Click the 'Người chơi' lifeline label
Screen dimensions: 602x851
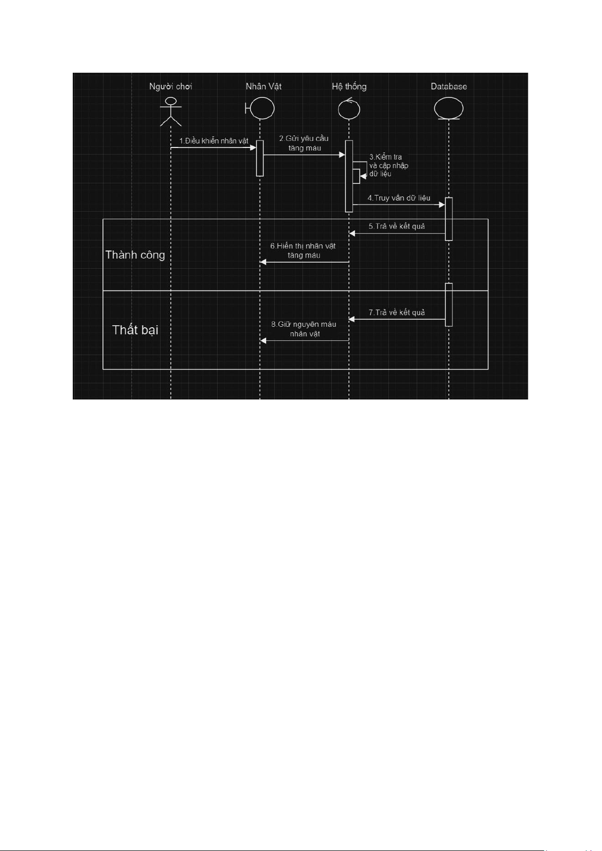171,87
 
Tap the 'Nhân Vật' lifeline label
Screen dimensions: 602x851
263,86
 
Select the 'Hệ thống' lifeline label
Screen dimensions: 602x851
349,86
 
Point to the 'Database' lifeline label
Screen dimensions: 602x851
448,86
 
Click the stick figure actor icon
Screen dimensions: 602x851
171,111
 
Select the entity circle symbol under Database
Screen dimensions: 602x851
448,108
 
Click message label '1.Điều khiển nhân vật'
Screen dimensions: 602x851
214,140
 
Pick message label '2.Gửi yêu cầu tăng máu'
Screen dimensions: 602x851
304,143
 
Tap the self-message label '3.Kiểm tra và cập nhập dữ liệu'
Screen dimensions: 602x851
388,165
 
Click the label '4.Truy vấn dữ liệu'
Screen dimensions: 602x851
399,197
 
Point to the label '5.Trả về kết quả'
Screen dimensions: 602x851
396,226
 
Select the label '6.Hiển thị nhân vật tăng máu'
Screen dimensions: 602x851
303,251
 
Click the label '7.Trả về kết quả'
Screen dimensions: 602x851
396,312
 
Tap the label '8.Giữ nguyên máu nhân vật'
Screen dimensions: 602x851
304,329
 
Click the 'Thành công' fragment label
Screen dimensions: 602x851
135,255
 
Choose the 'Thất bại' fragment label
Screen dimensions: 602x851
135,330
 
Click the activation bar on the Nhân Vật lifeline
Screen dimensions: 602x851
260,158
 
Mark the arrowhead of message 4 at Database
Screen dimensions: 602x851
442,205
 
